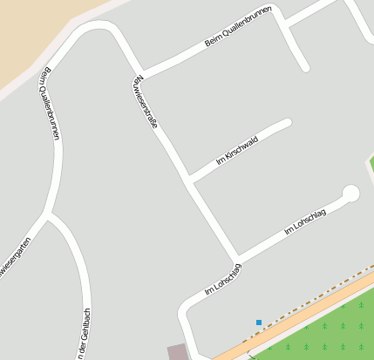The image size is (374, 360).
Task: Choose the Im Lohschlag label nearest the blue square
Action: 222,277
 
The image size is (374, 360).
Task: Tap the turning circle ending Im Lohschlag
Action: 350,194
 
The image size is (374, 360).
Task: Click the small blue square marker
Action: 259,323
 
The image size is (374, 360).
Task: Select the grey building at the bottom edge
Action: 178,352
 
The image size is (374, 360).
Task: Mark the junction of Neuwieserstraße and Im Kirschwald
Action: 188,180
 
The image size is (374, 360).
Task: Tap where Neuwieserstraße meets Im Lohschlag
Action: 236,259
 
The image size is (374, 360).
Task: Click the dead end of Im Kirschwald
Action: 286,124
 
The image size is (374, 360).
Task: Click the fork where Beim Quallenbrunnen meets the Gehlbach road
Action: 47,214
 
